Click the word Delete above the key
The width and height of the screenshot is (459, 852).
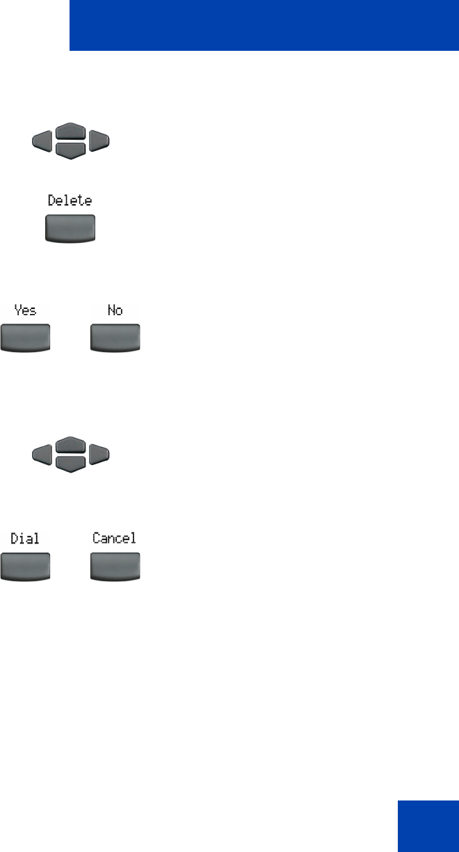70,201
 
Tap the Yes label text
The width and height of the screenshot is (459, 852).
25,310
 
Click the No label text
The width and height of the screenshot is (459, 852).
115,310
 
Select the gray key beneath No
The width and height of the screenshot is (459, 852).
115,338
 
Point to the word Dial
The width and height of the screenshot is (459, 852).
25,538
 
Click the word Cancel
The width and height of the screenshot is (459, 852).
115,538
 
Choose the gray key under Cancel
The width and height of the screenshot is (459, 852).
115,565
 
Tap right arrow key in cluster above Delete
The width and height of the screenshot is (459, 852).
99,142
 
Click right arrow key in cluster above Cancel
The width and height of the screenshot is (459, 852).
99,455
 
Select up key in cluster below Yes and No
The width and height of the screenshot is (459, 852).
70,445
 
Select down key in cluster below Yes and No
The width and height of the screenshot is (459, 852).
70,463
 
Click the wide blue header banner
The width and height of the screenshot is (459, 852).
264,26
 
